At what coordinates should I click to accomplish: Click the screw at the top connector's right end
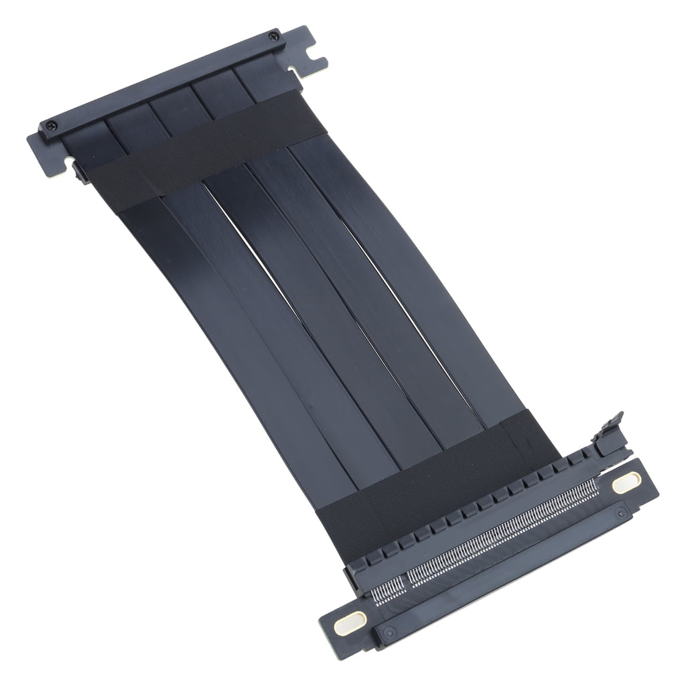[273, 36]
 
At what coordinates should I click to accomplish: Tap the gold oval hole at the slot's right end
[626, 482]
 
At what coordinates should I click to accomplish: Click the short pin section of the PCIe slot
[389, 588]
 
